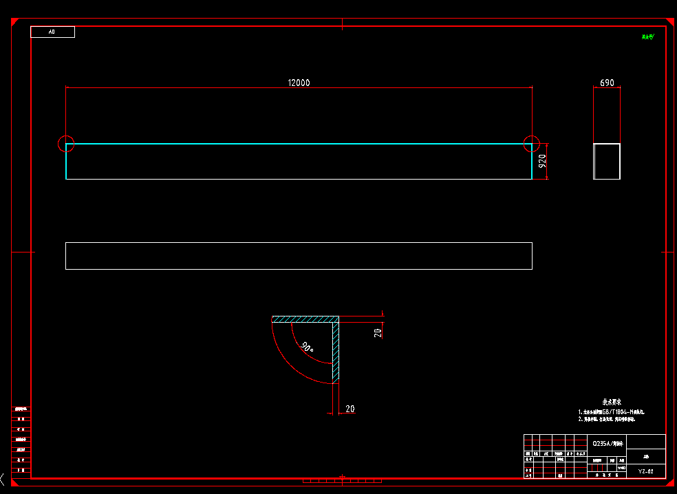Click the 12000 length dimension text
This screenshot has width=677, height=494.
point(299,83)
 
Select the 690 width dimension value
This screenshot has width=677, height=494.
point(607,83)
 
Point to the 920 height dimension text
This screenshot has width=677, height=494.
point(542,162)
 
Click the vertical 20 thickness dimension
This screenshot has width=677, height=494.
point(378,332)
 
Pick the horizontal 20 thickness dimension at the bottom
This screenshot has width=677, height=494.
point(350,409)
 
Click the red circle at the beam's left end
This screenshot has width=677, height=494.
point(66,144)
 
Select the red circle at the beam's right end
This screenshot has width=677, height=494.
point(532,144)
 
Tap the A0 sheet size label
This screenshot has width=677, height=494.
point(52,32)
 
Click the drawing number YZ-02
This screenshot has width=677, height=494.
point(645,471)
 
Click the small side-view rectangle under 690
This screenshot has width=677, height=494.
point(607,161)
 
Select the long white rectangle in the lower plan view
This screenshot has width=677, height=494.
point(299,256)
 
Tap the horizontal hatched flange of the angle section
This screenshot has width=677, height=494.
point(305,319)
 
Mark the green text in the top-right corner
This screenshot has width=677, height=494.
point(647,36)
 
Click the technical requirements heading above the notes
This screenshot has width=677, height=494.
point(612,402)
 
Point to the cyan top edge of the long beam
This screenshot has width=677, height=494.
point(299,144)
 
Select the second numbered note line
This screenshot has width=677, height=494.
point(611,419)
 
